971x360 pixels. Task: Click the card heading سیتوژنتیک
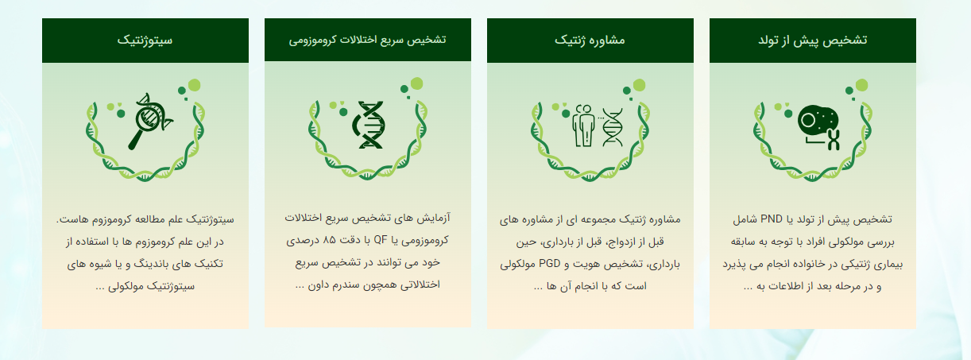click(145, 41)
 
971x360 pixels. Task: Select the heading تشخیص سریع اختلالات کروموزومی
click(368, 40)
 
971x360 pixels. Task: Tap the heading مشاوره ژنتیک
click(590, 41)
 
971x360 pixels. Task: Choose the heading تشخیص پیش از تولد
click(813, 41)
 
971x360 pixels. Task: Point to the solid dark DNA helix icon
click(369, 125)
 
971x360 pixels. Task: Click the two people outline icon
click(583, 126)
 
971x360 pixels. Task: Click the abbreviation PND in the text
click(772, 219)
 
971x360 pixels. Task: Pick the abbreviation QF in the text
click(380, 240)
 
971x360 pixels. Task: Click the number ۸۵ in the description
click(329, 240)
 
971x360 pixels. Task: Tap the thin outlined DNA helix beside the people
click(612, 127)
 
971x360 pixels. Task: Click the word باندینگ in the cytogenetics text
click(151, 264)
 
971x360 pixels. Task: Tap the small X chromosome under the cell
click(834, 140)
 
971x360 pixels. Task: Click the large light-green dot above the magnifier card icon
click(194, 85)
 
